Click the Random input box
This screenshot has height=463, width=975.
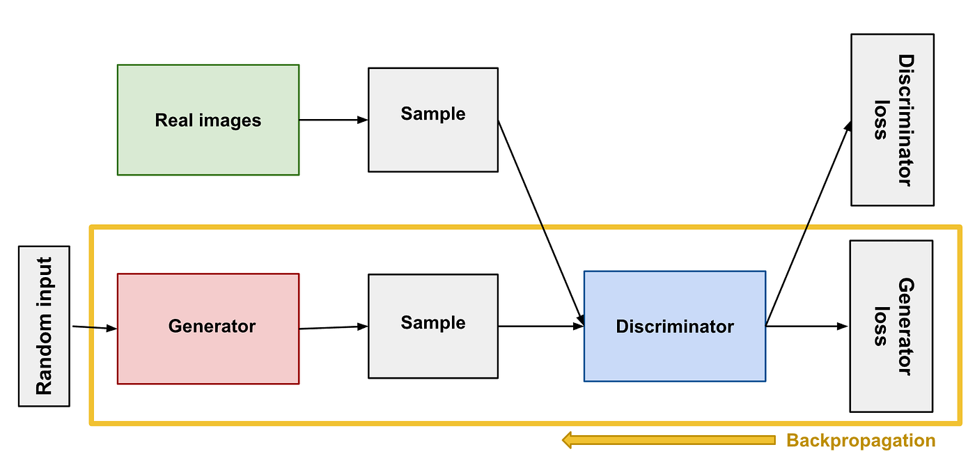click(x=44, y=326)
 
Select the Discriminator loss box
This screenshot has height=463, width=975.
click(x=892, y=119)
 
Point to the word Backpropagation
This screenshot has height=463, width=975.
click(x=860, y=441)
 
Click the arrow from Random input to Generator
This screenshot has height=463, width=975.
click(x=94, y=327)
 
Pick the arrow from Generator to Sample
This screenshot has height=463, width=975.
click(x=333, y=327)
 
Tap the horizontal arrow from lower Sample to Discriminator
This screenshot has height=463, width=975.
click(x=540, y=326)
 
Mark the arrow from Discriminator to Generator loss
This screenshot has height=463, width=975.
click(x=806, y=326)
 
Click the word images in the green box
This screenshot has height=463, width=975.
click(x=229, y=120)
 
